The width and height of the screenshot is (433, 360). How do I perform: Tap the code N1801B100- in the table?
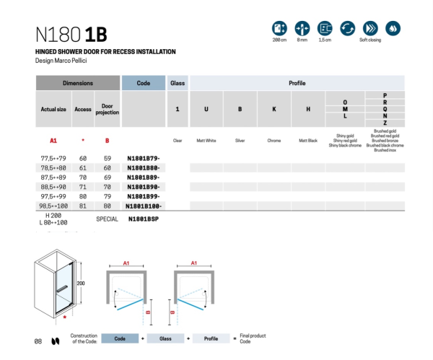(x=144, y=206)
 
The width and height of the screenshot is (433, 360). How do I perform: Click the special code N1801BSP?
(x=143, y=219)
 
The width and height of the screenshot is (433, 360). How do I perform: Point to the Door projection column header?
(x=107, y=109)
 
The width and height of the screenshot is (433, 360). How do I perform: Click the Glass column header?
(x=178, y=84)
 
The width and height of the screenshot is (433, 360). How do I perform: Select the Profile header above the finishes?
(x=297, y=84)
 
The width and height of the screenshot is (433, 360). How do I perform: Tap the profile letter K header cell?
(x=274, y=109)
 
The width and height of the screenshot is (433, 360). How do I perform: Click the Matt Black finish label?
(x=308, y=141)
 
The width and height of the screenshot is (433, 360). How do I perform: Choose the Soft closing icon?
(x=370, y=29)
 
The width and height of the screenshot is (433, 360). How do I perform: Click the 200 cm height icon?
(x=279, y=29)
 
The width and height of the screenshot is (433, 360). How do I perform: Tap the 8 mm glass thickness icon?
(x=302, y=29)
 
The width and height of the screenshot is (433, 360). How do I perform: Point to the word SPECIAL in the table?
(x=107, y=219)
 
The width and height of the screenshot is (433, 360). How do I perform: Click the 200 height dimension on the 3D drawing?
(x=82, y=283)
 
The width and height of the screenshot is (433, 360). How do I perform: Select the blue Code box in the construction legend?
(x=120, y=338)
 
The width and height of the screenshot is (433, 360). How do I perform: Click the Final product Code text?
(x=254, y=338)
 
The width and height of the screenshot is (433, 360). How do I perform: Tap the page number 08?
(x=38, y=341)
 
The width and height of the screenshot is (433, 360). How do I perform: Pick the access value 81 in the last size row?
(x=83, y=206)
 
